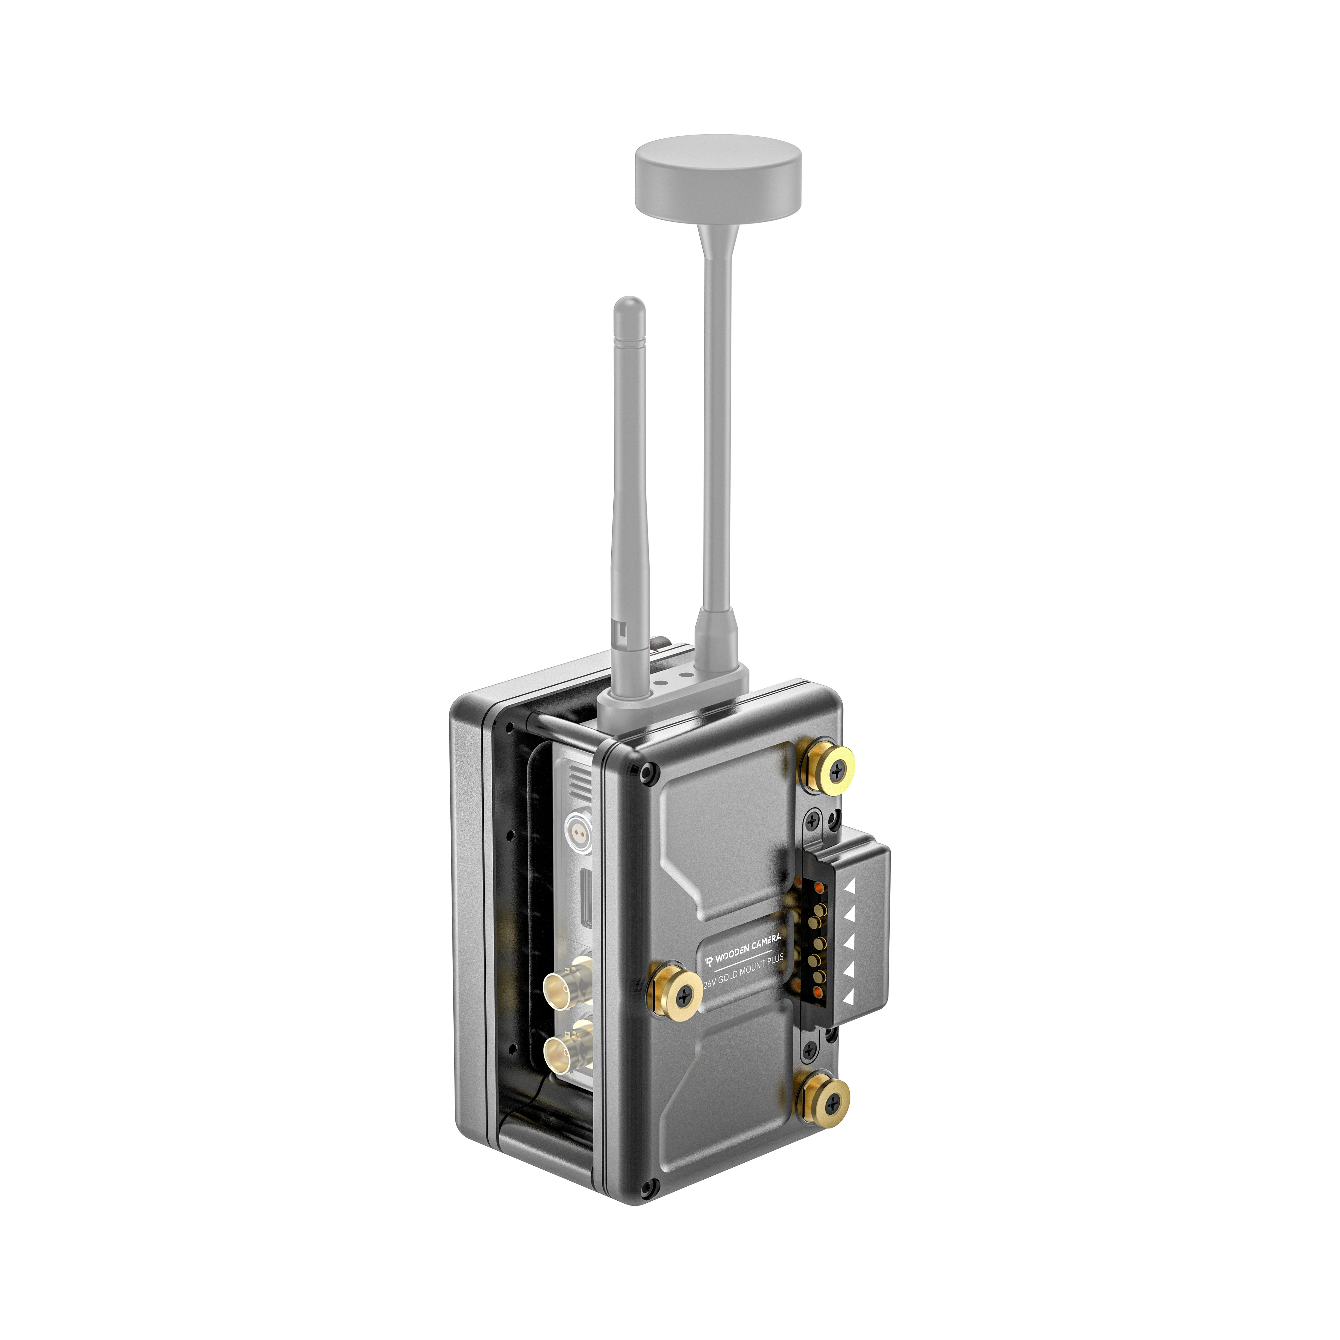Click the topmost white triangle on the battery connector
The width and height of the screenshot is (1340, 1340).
850,887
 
